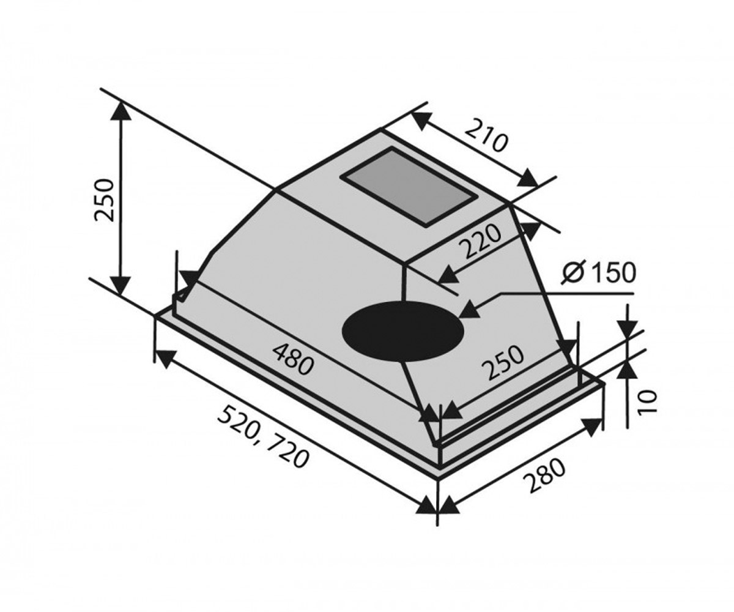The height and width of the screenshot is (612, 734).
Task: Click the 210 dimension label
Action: coord(486,136)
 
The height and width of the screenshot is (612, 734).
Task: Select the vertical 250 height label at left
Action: coord(105,200)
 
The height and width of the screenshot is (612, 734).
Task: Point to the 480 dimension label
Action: coord(292,359)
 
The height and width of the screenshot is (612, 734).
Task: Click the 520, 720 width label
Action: coord(263,436)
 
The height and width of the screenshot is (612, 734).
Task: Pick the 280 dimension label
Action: coord(544,475)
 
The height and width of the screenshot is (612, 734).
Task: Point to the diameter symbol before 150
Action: coord(573,272)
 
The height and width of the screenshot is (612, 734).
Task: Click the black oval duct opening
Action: coord(403,332)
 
